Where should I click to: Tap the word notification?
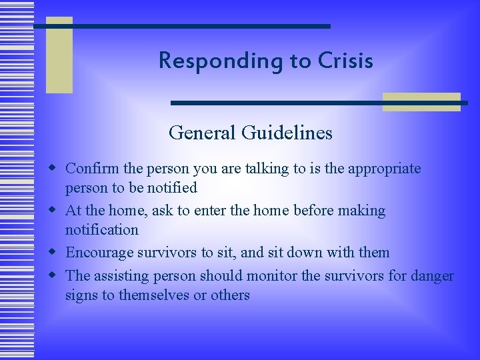(x=101, y=230)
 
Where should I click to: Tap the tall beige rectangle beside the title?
(x=59, y=55)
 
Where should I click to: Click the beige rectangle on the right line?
(x=421, y=101)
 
